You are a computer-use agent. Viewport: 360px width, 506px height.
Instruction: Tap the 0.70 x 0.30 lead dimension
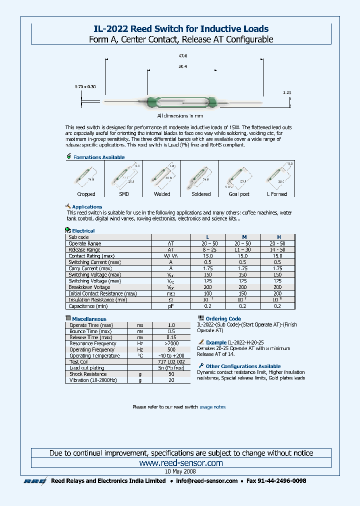[x=85, y=86]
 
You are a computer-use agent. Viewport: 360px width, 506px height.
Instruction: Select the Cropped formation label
[x=86, y=194]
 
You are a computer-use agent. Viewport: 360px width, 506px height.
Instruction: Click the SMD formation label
[x=124, y=194]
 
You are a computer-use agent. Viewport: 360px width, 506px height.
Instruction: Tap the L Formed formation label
[x=277, y=194]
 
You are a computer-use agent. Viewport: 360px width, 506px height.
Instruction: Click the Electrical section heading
[x=83, y=231]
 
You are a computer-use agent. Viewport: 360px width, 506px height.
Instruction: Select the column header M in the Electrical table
[x=243, y=237]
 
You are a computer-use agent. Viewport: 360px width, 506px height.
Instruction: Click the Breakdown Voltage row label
[x=89, y=287]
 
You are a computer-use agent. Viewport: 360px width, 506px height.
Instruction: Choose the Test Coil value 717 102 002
[x=171, y=361]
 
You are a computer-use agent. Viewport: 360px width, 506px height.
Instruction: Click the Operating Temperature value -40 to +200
[x=171, y=355]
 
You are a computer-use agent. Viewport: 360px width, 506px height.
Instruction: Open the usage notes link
[x=212, y=407]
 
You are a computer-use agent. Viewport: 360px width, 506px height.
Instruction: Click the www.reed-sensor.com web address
[x=181, y=463]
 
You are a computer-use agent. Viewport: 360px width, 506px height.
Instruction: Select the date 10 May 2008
[x=180, y=471]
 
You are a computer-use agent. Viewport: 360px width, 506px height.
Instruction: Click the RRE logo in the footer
[x=35, y=481]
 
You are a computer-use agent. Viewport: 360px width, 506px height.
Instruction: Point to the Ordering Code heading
[x=223, y=318]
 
